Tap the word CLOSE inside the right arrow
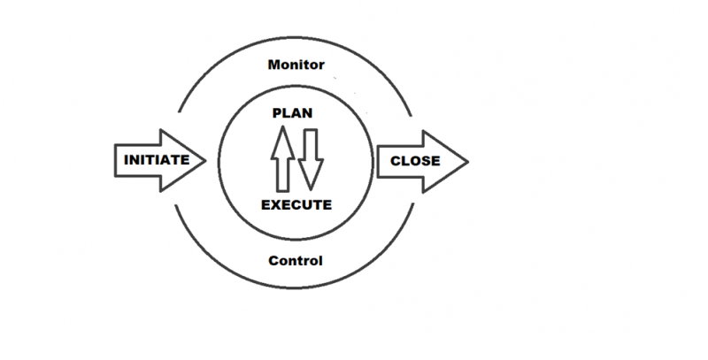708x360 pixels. click(416, 162)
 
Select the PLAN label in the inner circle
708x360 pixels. click(293, 114)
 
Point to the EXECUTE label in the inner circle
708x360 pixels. click(296, 205)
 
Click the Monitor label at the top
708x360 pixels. click(296, 65)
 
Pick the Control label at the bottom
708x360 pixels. click(296, 261)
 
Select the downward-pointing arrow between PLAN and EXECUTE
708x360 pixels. click(309, 159)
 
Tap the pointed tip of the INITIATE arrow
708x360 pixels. click(205, 161)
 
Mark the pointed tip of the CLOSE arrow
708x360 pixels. click(466, 161)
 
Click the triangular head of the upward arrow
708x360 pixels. click(282, 136)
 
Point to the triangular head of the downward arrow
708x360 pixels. click(309, 181)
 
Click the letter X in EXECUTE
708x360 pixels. click(274, 205)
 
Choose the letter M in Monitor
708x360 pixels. click(273, 65)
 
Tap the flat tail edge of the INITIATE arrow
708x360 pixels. click(116, 162)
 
